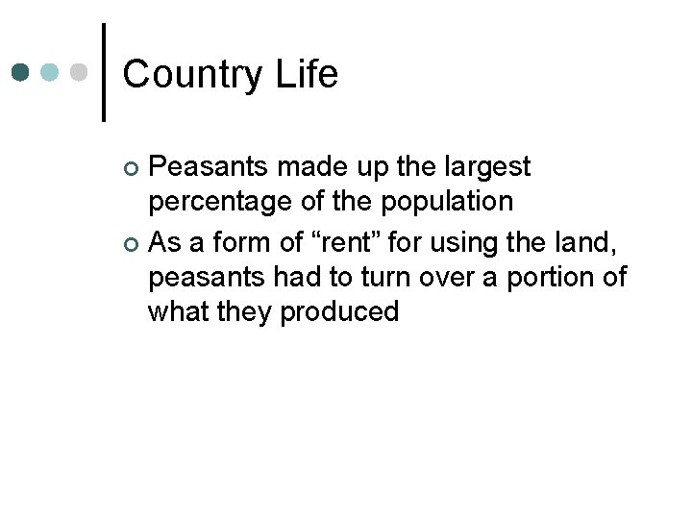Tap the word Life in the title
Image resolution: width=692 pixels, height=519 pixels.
[309, 74]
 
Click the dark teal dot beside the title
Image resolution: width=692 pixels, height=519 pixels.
[21, 72]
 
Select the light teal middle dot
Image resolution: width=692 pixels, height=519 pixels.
[51, 72]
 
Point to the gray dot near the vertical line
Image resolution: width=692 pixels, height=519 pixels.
[80, 72]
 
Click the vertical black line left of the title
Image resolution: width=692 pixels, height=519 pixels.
[103, 72]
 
